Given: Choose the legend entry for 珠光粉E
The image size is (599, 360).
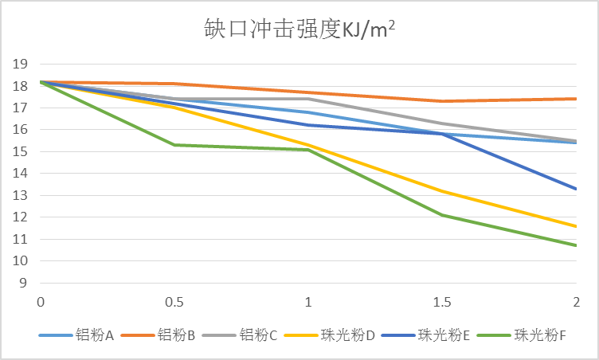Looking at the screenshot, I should pyautogui.click(x=442, y=335).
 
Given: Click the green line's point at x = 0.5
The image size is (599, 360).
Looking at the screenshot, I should pyautogui.click(x=174, y=145).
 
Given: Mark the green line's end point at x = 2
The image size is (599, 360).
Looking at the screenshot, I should pyautogui.click(x=576, y=245).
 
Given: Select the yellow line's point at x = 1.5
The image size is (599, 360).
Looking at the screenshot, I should pyautogui.click(x=442, y=191).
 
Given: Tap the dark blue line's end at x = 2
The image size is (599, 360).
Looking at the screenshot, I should pyautogui.click(x=576, y=189).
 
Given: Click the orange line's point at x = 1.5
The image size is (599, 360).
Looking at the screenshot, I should pyautogui.click(x=442, y=101).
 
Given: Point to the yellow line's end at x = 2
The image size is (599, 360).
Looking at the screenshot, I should pyautogui.click(x=576, y=226).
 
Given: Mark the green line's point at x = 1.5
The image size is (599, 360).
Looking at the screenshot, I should pyautogui.click(x=442, y=215).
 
